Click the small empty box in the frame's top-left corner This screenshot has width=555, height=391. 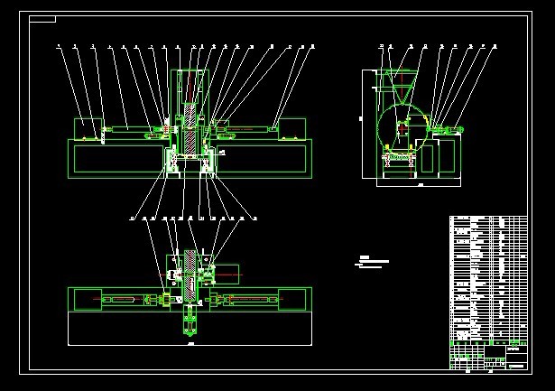coord(42,19)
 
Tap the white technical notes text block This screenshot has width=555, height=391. coord(373,262)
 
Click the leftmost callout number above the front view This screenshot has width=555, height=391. coord(59,46)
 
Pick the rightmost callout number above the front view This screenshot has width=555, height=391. coord(312,46)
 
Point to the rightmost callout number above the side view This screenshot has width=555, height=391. coord(495,46)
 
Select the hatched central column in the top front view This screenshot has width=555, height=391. coord(190,126)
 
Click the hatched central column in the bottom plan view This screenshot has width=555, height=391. coord(190,275)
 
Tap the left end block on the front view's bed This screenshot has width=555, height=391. coord(88,128)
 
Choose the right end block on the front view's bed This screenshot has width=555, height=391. coord(291,128)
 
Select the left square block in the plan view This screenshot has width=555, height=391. coord(88,299)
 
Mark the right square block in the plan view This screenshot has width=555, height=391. coord(291,299)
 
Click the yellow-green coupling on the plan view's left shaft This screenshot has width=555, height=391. coord(164,299)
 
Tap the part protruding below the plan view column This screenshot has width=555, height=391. coord(190,321)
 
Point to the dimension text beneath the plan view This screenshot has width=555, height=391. coord(190,344)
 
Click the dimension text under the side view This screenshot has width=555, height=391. coord(421,184)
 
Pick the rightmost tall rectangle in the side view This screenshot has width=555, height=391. coord(449,155)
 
